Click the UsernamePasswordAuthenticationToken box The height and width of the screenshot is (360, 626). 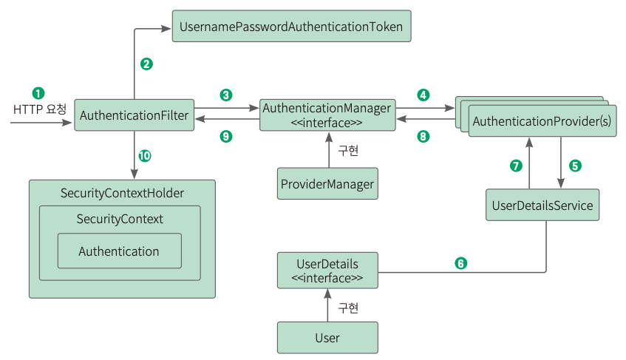pos(291,26)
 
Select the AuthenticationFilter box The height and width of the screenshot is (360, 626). pos(135,115)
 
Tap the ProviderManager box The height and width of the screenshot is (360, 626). pos(327,183)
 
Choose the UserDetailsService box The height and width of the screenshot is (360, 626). pos(542,205)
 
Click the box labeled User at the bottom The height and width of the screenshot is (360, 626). pos(327,338)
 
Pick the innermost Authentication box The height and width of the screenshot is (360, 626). pos(120,251)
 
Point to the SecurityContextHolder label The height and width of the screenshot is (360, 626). pos(122,193)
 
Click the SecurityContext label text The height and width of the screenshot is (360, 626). pos(120,219)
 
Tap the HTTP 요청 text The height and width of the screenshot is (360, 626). pos(39,109)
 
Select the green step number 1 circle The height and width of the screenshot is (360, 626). pos(38,93)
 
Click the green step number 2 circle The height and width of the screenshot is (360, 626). pos(146,64)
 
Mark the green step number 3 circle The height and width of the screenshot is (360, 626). pos(226,95)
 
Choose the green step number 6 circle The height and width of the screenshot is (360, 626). pos(460,263)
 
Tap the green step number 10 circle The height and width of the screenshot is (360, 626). pos(145,156)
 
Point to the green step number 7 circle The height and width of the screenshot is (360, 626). pos(516,166)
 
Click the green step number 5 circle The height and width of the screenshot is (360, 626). pos(575,166)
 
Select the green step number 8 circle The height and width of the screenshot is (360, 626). pos(423,137)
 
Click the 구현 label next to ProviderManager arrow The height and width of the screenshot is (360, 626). pos(348,151)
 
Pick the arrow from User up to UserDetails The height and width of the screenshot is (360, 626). pos(327,305)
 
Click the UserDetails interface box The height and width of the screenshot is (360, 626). pos(327,271)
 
